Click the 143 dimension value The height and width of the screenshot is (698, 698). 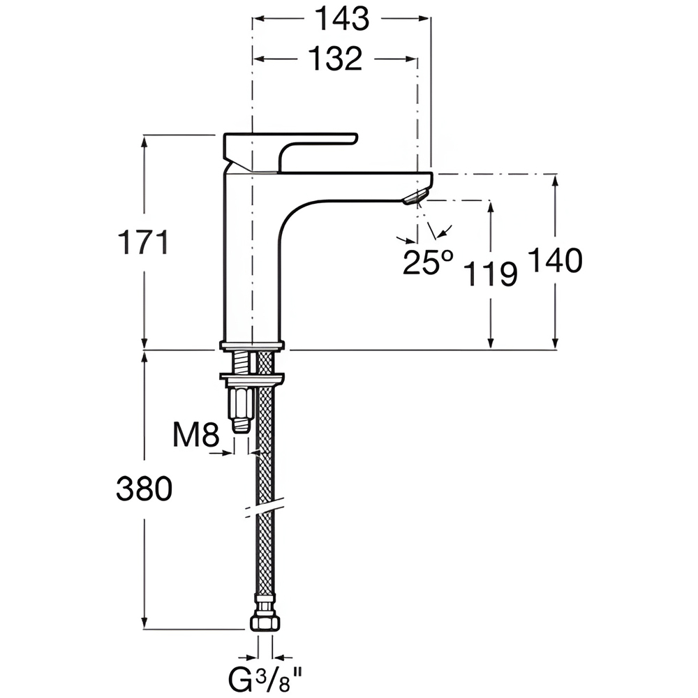click(x=342, y=19)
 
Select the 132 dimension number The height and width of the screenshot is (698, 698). click(x=335, y=59)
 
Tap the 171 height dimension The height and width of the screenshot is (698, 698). click(x=143, y=242)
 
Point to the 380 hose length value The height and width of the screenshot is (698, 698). click(x=144, y=489)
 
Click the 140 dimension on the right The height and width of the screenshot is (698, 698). click(x=555, y=260)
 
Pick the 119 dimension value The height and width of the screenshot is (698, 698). click(x=491, y=274)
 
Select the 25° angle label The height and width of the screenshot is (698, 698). click(x=428, y=262)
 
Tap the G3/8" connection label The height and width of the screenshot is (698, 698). click(x=265, y=680)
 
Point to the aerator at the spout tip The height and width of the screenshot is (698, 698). click(x=416, y=197)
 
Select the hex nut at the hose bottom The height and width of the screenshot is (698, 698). click(x=265, y=621)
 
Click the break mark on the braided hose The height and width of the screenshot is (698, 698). click(x=265, y=507)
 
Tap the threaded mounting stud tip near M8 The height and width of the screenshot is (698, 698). click(x=241, y=424)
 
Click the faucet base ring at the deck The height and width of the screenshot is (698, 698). click(x=251, y=345)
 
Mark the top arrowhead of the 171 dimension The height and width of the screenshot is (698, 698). click(x=144, y=142)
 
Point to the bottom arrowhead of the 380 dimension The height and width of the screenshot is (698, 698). click(x=144, y=623)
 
